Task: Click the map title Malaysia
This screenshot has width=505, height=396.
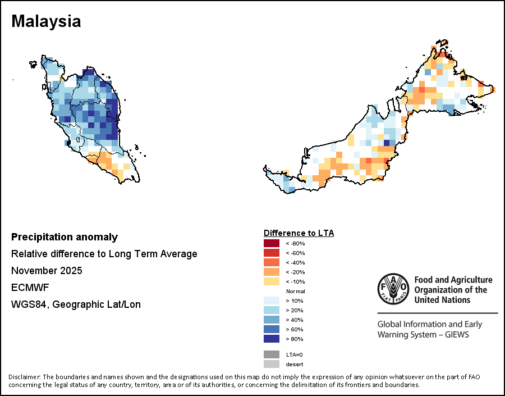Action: click(46, 21)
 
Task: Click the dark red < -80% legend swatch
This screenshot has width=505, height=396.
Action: click(272, 243)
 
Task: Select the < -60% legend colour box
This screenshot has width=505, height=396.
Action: click(272, 253)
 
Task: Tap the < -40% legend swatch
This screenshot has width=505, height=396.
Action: click(272, 262)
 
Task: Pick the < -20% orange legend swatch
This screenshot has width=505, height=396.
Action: click(272, 272)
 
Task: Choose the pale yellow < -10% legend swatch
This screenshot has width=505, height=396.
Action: click(272, 281)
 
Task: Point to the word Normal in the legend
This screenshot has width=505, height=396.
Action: click(295, 291)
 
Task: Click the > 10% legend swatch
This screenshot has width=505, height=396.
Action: click(272, 301)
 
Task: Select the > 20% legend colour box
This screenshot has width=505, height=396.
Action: click(272, 310)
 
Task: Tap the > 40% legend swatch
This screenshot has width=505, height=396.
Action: click(272, 320)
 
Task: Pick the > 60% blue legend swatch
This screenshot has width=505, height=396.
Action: click(272, 329)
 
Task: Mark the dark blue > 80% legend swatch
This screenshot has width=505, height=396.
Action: click(272, 339)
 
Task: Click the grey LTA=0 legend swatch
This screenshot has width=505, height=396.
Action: click(272, 354)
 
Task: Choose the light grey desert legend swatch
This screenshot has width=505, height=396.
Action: click(272, 364)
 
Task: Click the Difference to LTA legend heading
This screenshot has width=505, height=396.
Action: click(299, 233)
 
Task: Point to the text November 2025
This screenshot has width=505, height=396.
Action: click(47, 271)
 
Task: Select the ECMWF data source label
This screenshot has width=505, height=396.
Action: click(30, 288)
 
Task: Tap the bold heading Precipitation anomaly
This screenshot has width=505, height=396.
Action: click(65, 237)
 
